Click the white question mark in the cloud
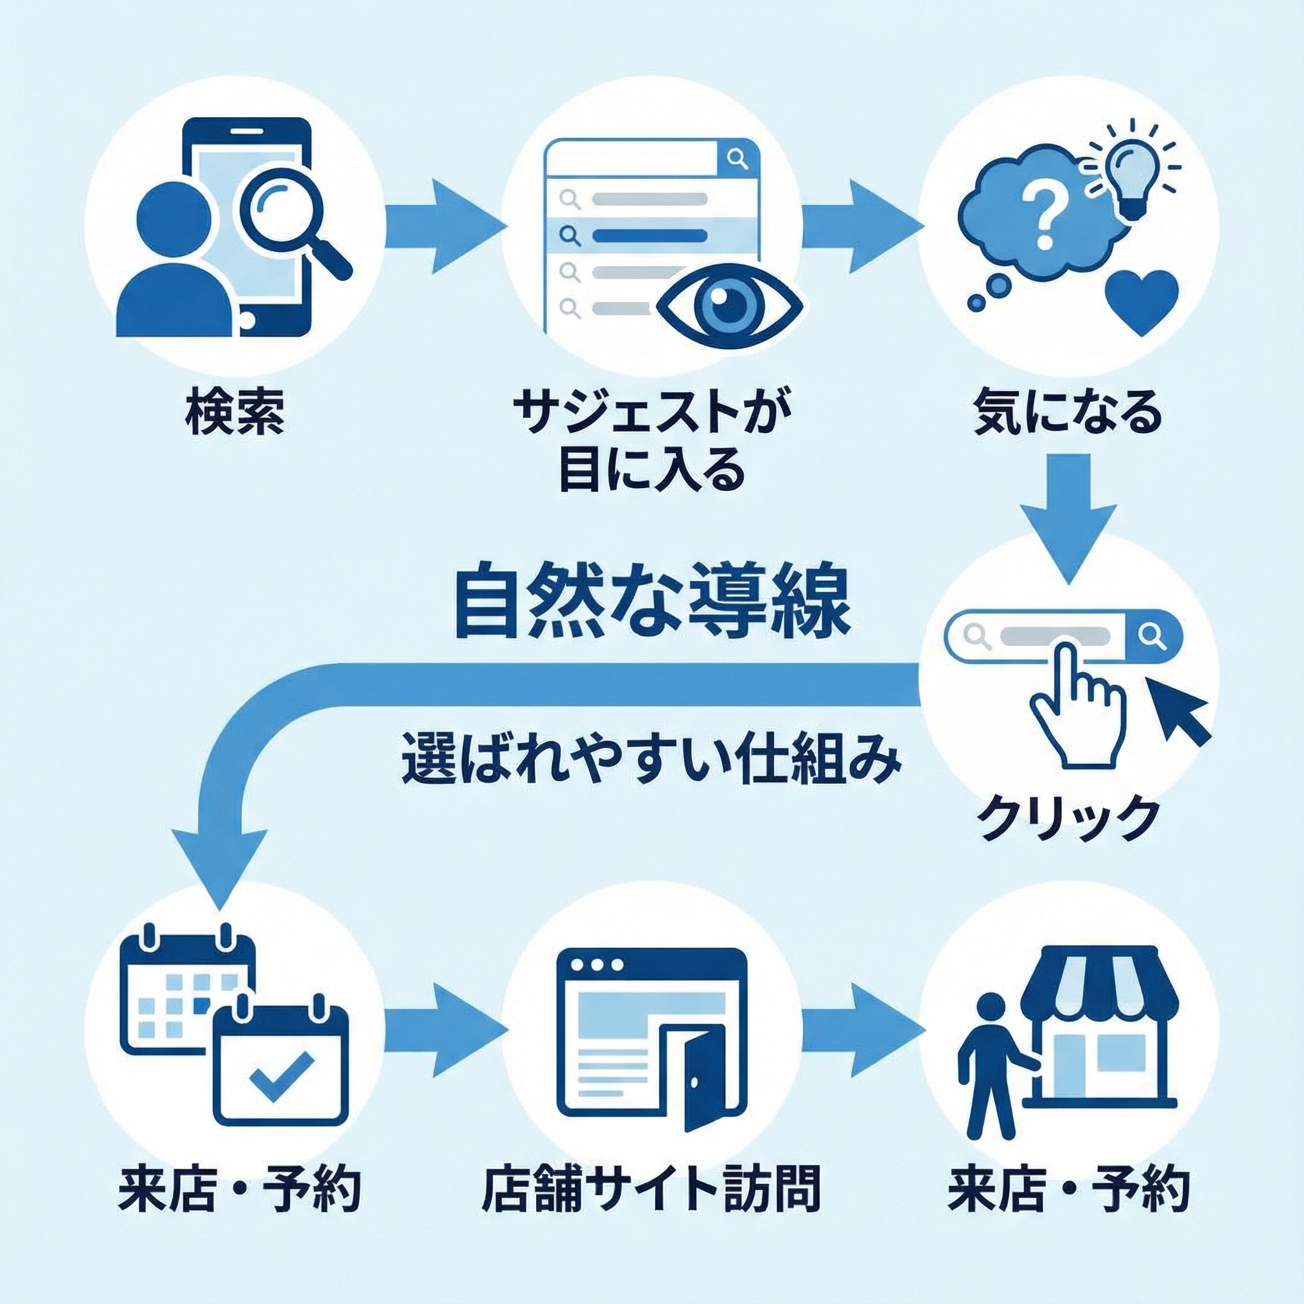point(1042,215)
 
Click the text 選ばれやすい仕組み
point(651,763)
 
